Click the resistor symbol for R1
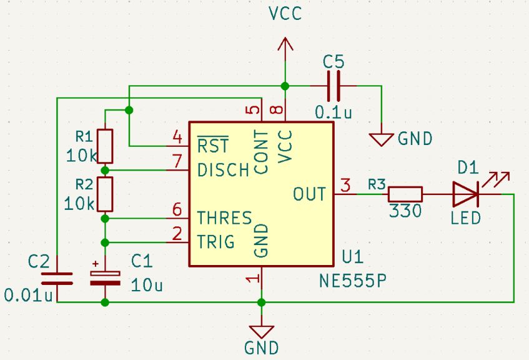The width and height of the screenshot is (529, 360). (106, 146)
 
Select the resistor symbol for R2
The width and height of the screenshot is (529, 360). (106, 194)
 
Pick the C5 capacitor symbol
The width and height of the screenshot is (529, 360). (334, 86)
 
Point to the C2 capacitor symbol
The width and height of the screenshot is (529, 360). (56, 278)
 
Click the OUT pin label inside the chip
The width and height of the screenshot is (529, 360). (309, 194)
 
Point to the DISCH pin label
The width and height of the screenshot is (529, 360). (223, 170)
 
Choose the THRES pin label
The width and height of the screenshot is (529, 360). (224, 218)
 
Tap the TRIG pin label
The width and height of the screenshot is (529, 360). (216, 241)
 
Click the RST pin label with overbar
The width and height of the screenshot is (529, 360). (213, 146)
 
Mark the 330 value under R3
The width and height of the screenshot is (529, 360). (405, 211)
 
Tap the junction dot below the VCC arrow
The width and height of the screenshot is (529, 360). (285, 86)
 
